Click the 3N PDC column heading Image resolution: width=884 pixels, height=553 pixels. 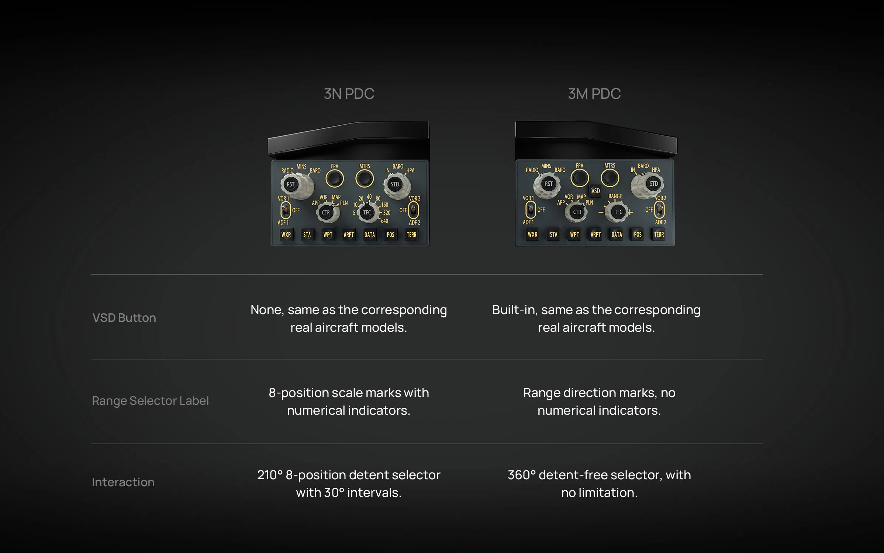[349, 94]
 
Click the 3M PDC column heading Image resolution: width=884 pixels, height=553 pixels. [594, 94]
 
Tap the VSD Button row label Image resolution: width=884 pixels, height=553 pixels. [124, 318]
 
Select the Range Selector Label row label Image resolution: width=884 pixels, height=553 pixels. [150, 401]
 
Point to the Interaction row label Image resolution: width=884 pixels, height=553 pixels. [123, 482]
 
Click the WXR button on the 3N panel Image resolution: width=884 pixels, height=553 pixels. [286, 235]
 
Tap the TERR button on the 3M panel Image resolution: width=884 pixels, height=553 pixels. [659, 234]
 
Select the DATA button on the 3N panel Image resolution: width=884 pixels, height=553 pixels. [369, 235]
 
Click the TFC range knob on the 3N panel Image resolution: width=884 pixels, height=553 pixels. [367, 212]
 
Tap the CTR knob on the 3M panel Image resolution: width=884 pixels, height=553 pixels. [577, 212]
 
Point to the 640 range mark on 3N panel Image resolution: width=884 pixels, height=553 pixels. [384, 221]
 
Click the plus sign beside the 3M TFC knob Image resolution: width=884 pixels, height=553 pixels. [630, 212]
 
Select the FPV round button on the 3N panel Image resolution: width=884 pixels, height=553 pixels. [335, 179]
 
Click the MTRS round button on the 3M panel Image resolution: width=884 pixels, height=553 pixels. [610, 178]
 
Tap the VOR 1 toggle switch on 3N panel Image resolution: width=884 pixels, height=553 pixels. [286, 211]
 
